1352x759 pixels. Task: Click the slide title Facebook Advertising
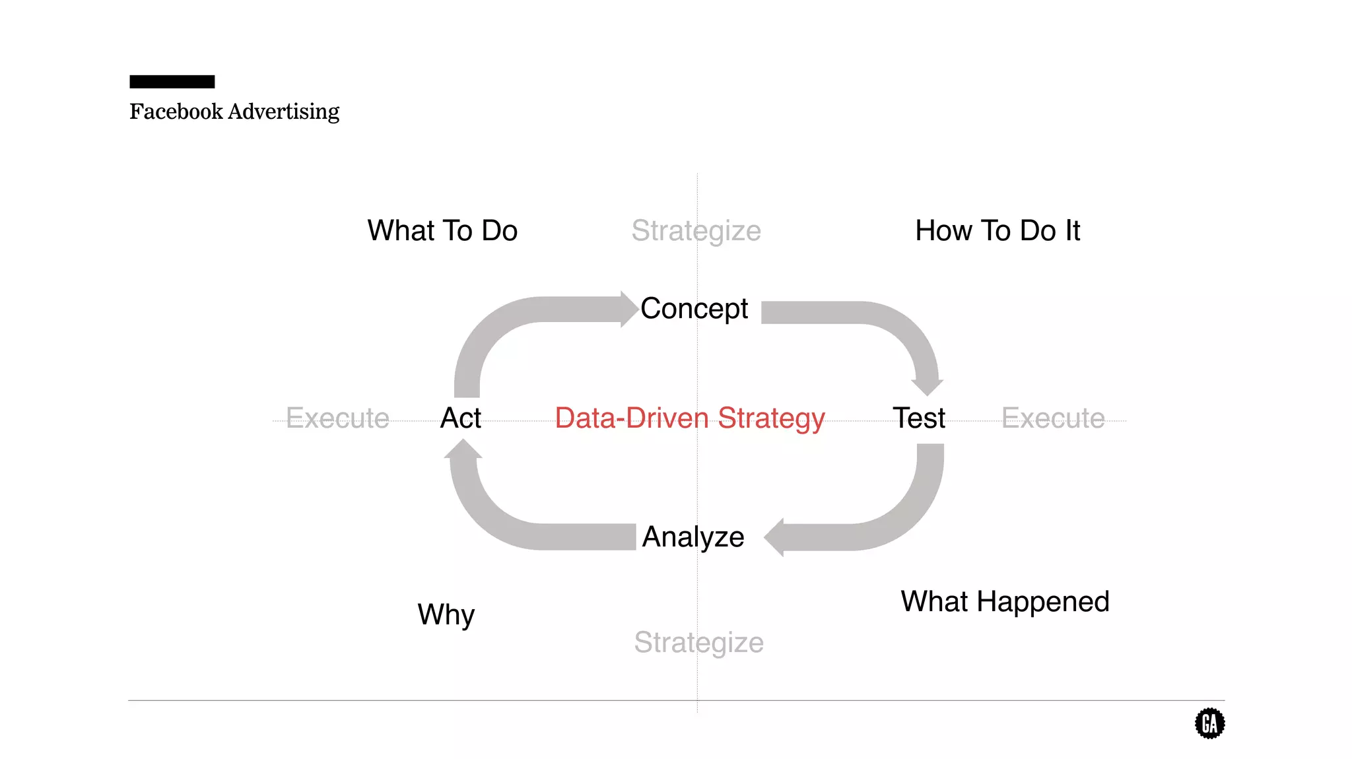tap(234, 112)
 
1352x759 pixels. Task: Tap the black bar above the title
tap(172, 82)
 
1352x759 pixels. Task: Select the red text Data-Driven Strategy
tap(690, 418)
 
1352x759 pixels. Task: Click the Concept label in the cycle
tap(694, 308)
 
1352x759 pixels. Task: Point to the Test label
tap(918, 418)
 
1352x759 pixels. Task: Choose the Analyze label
tap(693, 537)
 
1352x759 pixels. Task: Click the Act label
tap(461, 418)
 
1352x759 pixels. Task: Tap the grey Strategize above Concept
tap(696, 231)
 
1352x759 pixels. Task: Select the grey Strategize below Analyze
tap(698, 642)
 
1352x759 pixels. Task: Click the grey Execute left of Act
tap(337, 418)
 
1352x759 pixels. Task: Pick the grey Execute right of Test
tap(1053, 418)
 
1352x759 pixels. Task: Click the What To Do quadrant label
tap(442, 231)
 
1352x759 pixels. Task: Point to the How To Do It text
tap(997, 231)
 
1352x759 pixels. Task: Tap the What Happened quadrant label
tap(1005, 601)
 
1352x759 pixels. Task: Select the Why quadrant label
tap(446, 614)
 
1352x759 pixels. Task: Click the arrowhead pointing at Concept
tap(628, 309)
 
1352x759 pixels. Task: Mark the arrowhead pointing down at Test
tap(927, 386)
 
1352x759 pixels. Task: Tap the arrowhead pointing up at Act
tap(463, 449)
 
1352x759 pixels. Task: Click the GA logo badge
tap(1209, 723)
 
